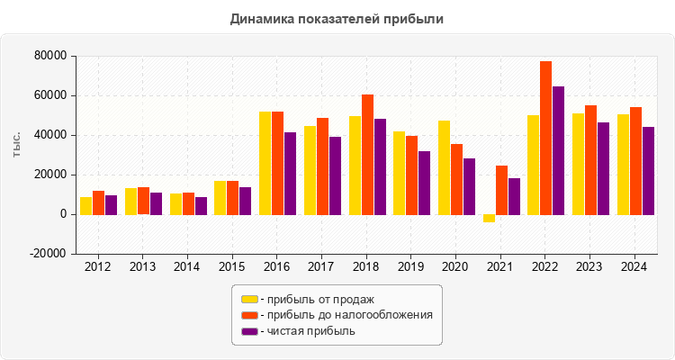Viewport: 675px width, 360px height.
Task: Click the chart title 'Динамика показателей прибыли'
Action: point(337,18)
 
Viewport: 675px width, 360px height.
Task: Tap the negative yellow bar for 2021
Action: point(489,218)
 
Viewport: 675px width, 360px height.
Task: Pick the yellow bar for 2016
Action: point(265,163)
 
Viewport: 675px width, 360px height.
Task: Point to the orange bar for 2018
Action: point(367,154)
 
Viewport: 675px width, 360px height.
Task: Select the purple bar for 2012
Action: point(111,205)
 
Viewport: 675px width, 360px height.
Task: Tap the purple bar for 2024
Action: point(648,171)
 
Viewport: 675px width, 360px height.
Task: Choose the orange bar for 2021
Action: point(501,190)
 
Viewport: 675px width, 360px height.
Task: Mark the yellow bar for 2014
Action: point(175,204)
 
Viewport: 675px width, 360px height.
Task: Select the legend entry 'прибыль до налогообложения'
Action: point(346,315)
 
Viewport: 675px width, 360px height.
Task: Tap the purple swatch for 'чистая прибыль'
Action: point(249,331)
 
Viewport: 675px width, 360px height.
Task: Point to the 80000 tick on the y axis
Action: point(51,56)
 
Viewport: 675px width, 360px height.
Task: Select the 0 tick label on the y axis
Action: point(63,214)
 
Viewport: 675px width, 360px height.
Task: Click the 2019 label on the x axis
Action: point(410,266)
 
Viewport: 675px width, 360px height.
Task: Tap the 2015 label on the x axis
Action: point(231,266)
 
